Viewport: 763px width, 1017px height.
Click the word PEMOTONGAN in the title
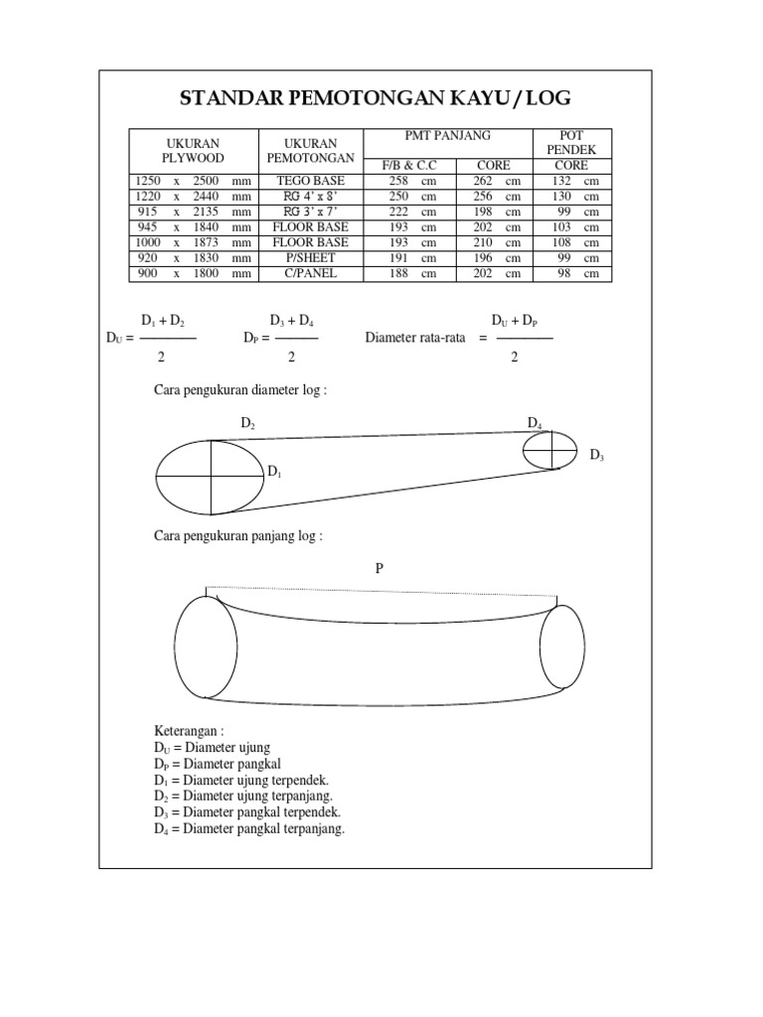coord(361,97)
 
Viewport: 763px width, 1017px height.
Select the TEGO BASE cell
coord(311,181)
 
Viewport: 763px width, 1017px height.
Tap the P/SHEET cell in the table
coord(311,256)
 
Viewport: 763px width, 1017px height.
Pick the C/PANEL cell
coord(311,272)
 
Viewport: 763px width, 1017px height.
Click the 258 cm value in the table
coord(408,181)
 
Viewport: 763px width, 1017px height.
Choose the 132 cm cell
coord(570,181)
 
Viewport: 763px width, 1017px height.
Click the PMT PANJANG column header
coord(448,136)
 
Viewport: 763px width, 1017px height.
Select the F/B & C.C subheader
coord(409,165)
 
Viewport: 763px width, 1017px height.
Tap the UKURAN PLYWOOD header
coord(194,151)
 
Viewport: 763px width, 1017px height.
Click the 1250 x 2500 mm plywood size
coord(194,181)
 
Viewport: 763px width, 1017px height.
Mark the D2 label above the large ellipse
coord(248,423)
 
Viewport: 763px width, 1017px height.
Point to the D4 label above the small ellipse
coord(534,424)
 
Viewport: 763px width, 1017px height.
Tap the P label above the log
coord(379,568)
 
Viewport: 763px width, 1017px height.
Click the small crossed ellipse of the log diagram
coord(549,450)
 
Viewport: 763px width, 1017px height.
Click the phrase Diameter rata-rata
coord(415,338)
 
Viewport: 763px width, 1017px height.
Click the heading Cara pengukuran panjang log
coord(238,536)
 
